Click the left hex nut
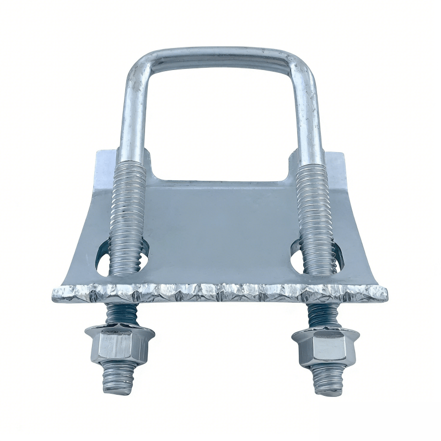(119, 346)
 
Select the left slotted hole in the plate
(103, 259)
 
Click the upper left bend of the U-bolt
(138, 63)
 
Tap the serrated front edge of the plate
(220, 293)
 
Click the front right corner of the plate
(384, 294)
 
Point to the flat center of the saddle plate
(220, 232)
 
